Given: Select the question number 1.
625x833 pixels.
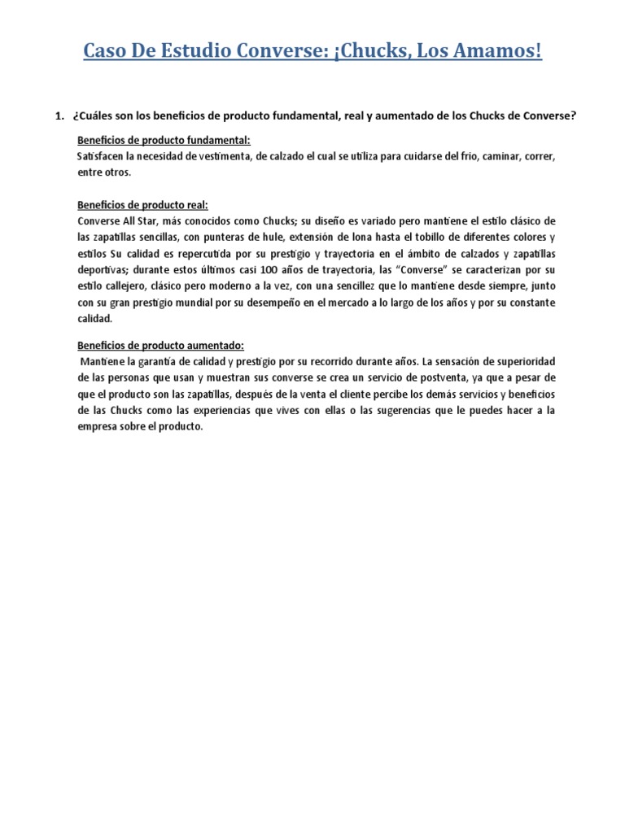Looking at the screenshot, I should pos(59,116).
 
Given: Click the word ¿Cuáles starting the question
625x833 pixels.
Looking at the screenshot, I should pos(96,116).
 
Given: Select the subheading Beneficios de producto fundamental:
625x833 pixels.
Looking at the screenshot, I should pos(158,140).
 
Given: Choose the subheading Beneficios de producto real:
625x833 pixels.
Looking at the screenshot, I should pos(142,205).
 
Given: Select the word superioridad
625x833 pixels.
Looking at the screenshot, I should pos(518,361).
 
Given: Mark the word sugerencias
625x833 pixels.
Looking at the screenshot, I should pos(404,410).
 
